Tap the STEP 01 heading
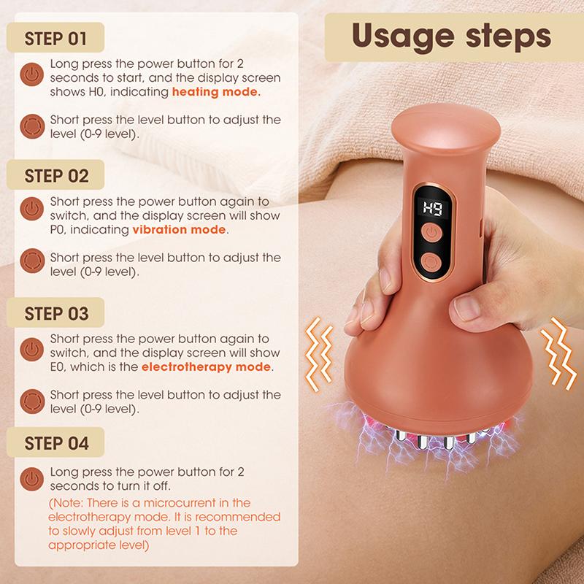coord(56,38)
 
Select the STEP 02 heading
coord(56,176)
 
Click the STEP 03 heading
coord(56,313)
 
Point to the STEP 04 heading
coord(56,442)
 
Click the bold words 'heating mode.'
coord(216,93)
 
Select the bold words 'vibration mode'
coord(180,230)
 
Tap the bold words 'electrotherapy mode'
coord(207,366)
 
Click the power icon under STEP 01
coord(31,75)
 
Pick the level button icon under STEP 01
coord(31,126)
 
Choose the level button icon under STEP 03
coord(31,401)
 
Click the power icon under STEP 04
coord(31,478)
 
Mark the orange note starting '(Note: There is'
coord(164,523)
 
